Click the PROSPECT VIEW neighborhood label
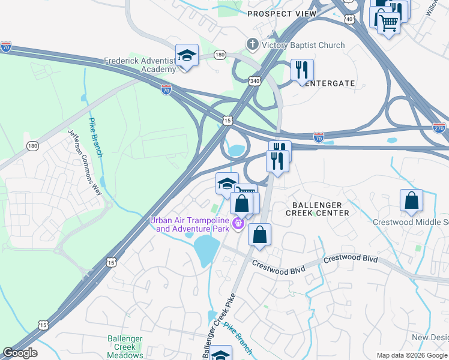coord(281,14)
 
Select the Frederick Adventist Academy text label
coord(140,65)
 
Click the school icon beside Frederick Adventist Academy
coord(187,56)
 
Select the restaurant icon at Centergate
coord(302,70)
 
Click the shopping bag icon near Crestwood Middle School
coord(411,201)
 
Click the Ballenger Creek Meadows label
coord(125,347)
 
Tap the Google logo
coord(19,353)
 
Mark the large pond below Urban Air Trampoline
coord(205,248)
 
